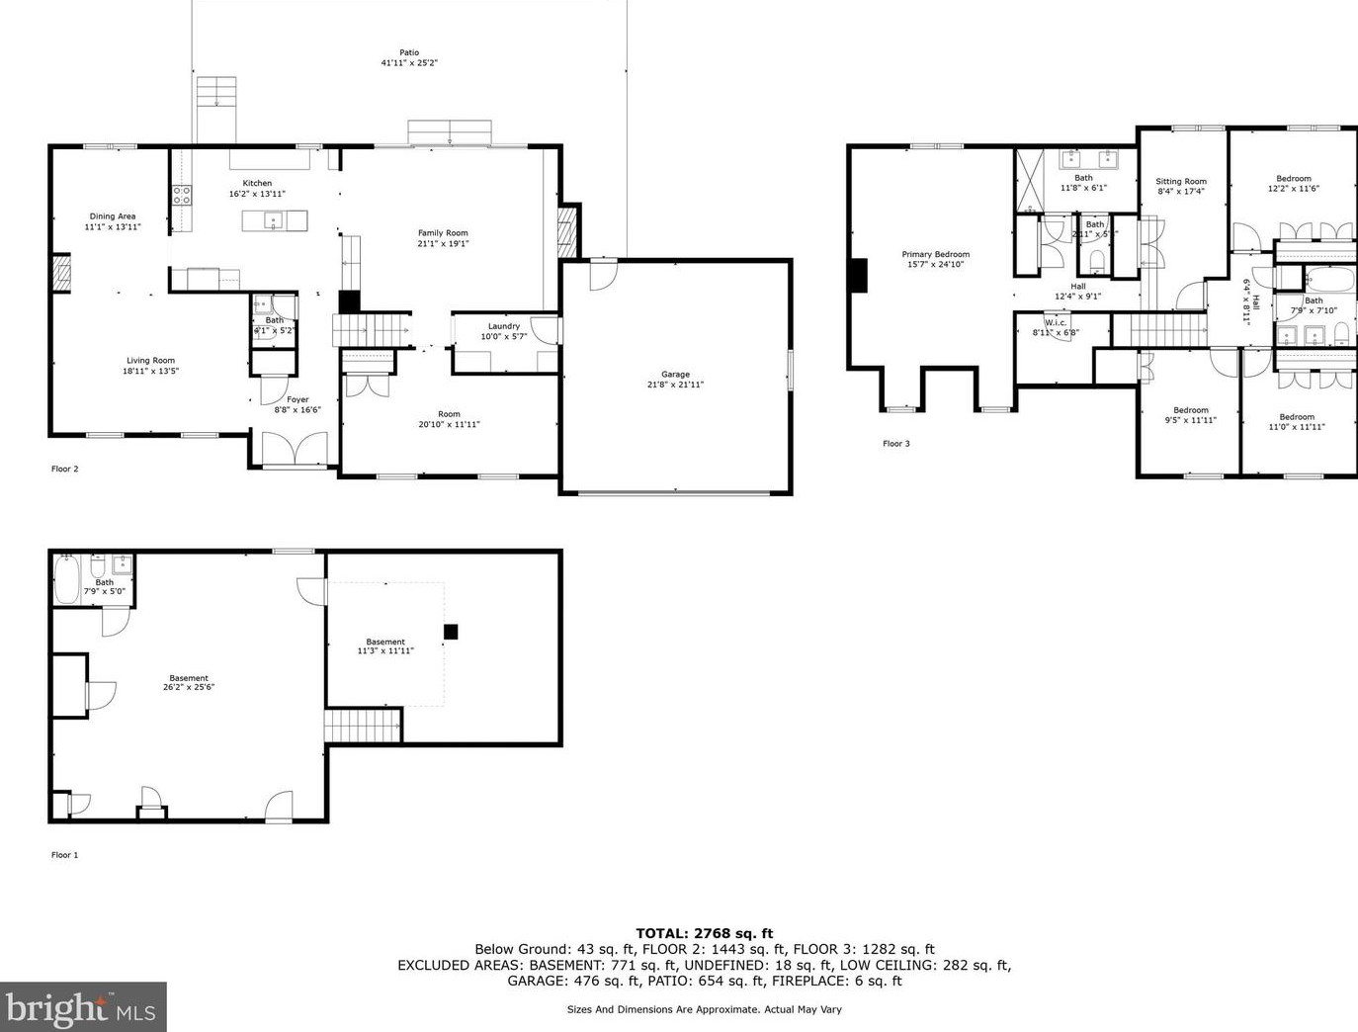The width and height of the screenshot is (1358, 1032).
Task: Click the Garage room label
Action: pos(675,375)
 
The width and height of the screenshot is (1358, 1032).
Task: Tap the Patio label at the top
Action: pos(409,52)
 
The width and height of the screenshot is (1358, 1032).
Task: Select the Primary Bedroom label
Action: pos(935,254)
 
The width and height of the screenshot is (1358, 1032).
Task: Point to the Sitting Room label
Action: pos(1181,181)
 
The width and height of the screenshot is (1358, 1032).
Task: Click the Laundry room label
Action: pos(503,326)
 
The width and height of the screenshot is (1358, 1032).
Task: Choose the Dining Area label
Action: pos(113,215)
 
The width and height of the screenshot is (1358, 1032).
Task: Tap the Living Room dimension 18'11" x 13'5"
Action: pos(150,372)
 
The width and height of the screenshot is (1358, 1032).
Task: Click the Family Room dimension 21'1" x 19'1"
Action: pos(443,243)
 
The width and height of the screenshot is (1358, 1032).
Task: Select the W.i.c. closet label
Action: pos(1055,322)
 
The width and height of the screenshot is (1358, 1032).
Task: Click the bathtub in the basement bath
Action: pos(67,580)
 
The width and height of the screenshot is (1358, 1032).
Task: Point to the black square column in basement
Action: pos(451,632)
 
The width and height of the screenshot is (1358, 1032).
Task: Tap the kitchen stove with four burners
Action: pos(182,195)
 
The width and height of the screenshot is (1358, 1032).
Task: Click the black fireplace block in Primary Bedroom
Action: pos(858,275)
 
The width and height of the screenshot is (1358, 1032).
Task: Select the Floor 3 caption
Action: pos(895,443)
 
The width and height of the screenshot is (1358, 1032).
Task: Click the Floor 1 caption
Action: pos(64,854)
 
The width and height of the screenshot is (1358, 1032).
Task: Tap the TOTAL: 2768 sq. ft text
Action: pos(704,932)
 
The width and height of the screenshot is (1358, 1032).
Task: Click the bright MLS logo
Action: pos(83,1007)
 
